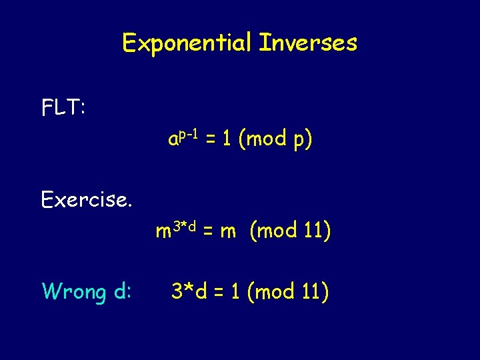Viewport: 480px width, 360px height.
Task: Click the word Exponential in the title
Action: (x=187, y=44)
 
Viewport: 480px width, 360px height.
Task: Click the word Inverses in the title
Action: (x=308, y=43)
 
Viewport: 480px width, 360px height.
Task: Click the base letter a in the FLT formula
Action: (x=173, y=141)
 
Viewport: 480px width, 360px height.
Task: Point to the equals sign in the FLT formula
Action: (x=209, y=141)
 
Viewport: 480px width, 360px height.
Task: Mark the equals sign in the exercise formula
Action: (x=207, y=233)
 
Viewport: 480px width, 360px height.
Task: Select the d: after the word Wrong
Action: (x=121, y=292)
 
